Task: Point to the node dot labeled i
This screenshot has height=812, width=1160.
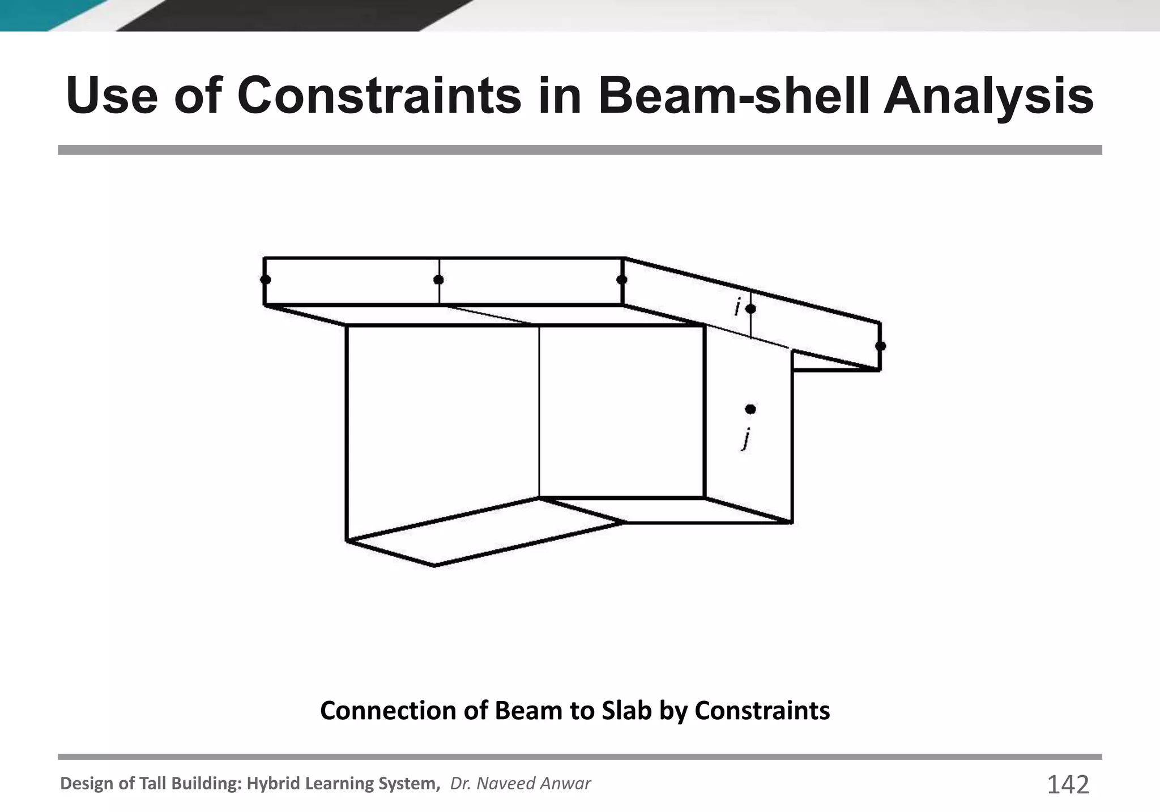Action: [x=750, y=309]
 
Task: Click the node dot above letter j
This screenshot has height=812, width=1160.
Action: [x=750, y=409]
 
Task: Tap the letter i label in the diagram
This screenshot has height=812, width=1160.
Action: [x=737, y=307]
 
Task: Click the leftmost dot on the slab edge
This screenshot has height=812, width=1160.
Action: [x=265, y=280]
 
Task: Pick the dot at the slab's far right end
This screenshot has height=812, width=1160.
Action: [x=880, y=346]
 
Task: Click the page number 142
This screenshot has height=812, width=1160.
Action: [x=1068, y=785]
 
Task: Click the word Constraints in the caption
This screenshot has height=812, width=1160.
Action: [x=762, y=711]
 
